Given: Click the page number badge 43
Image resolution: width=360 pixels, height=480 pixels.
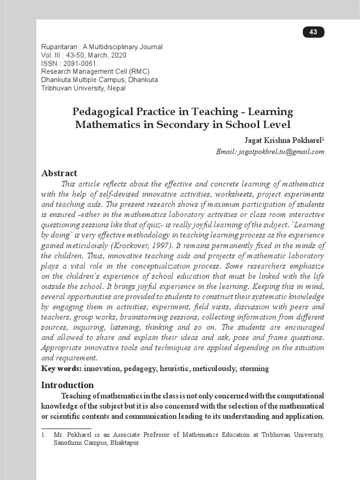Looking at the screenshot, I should click(x=314, y=32).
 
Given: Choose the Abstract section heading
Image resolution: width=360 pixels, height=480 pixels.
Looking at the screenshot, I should click(x=59, y=173).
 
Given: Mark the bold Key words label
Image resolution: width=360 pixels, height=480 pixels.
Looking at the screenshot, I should click(x=61, y=368).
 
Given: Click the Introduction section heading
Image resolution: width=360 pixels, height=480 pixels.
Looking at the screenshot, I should click(x=67, y=385).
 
